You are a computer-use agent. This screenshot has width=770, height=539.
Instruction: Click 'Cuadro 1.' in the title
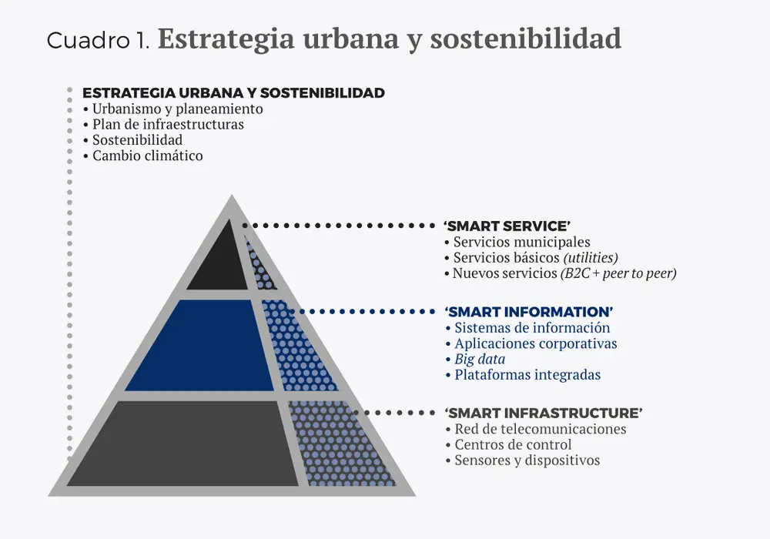(x=98, y=40)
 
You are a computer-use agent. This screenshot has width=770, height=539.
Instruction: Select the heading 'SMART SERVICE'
(x=507, y=226)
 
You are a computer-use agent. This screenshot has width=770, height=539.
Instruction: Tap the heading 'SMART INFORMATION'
(x=529, y=312)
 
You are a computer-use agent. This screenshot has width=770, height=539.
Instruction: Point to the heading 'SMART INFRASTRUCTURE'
(x=544, y=413)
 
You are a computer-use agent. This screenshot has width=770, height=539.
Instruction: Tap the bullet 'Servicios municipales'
(x=521, y=242)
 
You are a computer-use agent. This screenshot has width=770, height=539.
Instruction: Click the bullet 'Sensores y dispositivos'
(x=527, y=460)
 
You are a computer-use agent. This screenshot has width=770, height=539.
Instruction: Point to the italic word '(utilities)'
(x=590, y=258)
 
